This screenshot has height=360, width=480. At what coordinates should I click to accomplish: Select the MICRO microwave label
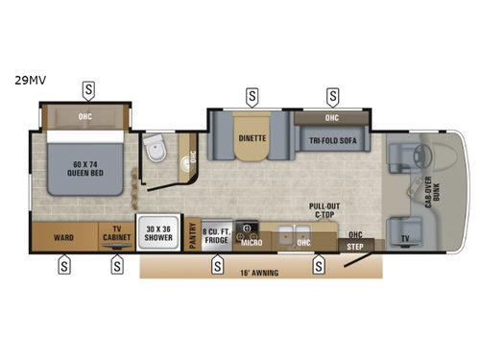coord(252,242)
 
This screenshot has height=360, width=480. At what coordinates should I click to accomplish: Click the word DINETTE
coord(252,138)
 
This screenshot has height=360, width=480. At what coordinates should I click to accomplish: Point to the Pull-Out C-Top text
coord(323,210)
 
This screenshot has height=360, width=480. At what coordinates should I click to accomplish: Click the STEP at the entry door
coord(355,246)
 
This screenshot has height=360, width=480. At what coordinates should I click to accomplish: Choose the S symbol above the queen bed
coord(88,89)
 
